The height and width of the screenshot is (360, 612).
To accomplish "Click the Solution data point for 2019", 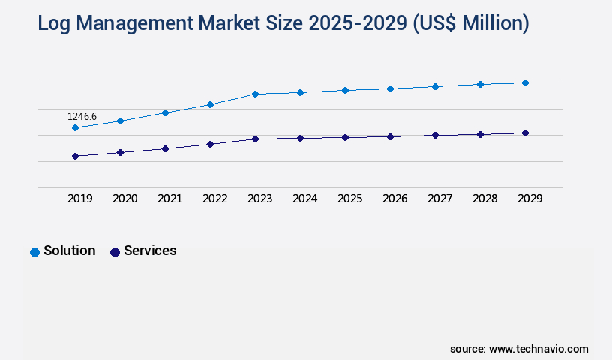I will pyautogui.click(x=75, y=128).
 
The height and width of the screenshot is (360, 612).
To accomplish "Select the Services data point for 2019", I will pyautogui.click(x=75, y=156).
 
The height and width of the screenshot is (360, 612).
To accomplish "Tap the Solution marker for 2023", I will pyautogui.click(x=255, y=94).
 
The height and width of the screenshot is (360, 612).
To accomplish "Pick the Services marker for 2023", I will pyautogui.click(x=255, y=139).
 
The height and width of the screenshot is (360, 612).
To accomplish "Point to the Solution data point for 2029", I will pyautogui.click(x=525, y=82).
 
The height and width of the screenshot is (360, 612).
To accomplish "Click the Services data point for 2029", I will pyautogui.click(x=525, y=133).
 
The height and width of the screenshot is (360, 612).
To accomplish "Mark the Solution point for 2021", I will pyautogui.click(x=165, y=112).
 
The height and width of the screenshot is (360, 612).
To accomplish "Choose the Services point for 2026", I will pyautogui.click(x=390, y=136).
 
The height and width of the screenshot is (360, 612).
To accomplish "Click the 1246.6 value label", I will pyautogui.click(x=82, y=117).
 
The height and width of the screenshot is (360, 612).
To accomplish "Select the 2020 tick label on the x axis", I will pyautogui.click(x=124, y=199).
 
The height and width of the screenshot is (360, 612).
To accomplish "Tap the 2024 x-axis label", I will pyautogui.click(x=304, y=199).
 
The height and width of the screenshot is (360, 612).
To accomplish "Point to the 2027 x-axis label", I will pyautogui.click(x=439, y=199).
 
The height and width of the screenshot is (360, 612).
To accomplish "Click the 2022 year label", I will pyautogui.click(x=214, y=199).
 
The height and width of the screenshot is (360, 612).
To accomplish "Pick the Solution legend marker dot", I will pyautogui.click(x=34, y=252).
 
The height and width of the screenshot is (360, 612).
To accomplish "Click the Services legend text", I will pyautogui.click(x=150, y=250).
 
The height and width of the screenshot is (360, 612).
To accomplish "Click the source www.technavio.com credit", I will pyautogui.click(x=519, y=349).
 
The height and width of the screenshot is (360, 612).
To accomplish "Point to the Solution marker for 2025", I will pyautogui.click(x=345, y=90).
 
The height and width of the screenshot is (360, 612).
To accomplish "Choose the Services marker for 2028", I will pyautogui.click(x=480, y=134).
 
